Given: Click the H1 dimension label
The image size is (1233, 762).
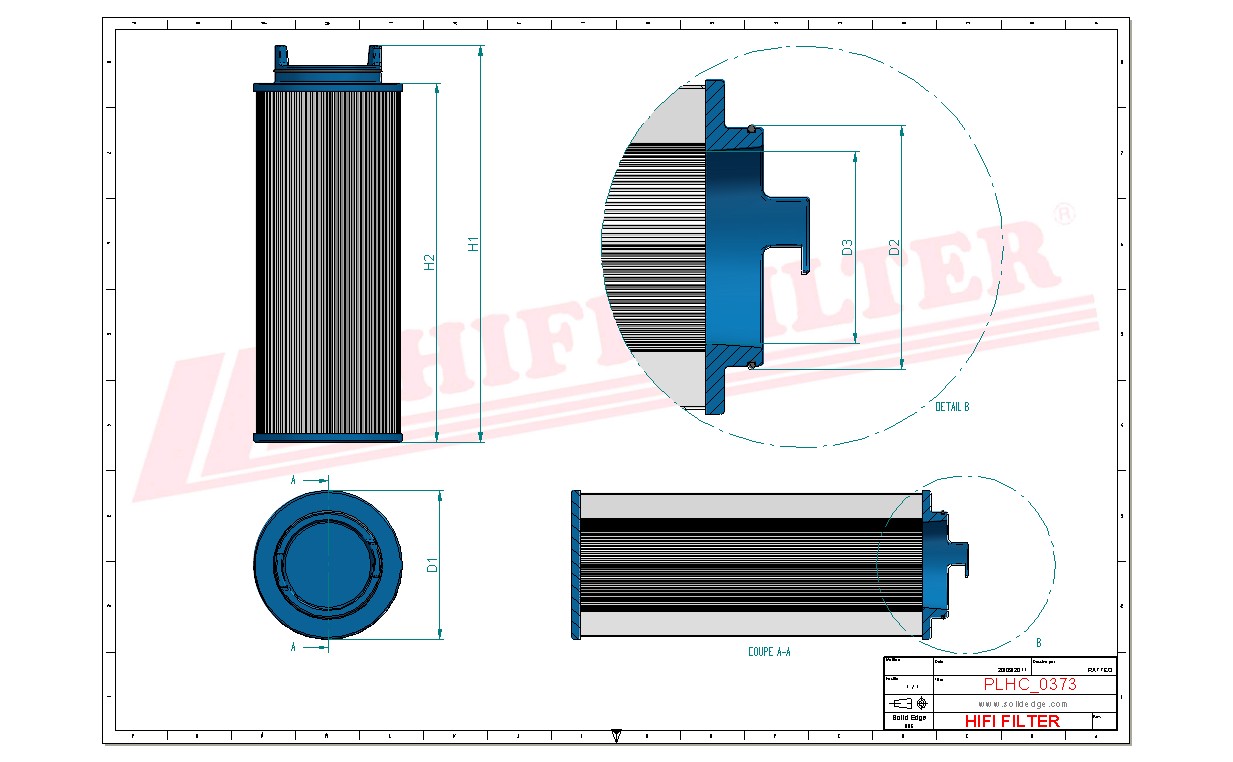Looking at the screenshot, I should point(474,243).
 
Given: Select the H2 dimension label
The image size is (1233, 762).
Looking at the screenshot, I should point(430,262).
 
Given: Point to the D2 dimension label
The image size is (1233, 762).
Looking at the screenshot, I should point(895,246).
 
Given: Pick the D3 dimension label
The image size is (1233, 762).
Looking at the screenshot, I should point(847,246).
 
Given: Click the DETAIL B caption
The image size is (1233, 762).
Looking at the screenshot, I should point(951,407).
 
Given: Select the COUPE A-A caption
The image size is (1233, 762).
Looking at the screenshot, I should point(769,651).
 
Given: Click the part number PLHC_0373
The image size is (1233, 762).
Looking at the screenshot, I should point(1029,684).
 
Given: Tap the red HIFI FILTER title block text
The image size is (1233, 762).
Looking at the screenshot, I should point(1011,721).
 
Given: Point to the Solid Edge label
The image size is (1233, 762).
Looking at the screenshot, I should point(908,718).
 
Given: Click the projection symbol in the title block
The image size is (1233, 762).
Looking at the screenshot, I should point(909,702).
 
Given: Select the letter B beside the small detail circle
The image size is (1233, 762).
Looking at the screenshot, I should point(1038,643).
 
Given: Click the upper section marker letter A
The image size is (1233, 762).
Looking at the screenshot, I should point(293,481).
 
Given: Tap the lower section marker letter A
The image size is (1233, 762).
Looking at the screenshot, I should point(293,647).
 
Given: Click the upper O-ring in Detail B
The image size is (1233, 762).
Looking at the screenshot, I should point(750,127).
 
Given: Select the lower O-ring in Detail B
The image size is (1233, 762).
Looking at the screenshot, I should point(750,365).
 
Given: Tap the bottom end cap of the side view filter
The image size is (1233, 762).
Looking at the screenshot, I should point(327,437).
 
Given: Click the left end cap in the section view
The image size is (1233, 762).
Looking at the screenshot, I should point(575,564).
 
